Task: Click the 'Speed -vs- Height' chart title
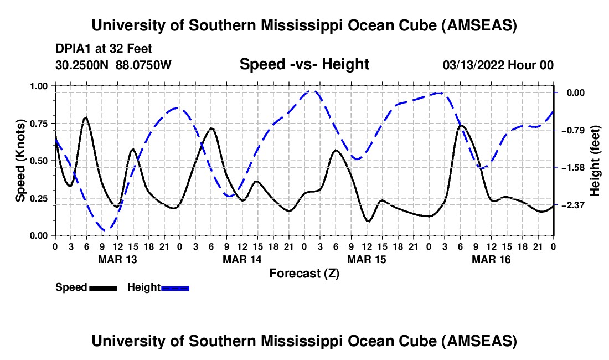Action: pos(304,64)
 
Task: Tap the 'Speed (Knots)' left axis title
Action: pos(20,161)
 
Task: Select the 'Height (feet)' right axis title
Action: pos(595,161)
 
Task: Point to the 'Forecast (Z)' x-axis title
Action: pos(304,274)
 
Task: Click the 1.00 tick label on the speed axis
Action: pos(38,86)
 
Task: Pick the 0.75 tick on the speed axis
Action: pos(38,124)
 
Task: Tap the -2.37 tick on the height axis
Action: pos(572,205)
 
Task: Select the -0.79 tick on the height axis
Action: pos(572,130)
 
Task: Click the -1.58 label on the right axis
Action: pos(572,168)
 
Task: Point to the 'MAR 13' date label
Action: pos(118,259)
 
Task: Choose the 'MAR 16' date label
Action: pos(491,259)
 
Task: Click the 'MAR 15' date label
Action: pos(367,259)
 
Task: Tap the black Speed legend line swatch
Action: pos(104,288)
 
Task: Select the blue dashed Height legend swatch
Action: pos(175,288)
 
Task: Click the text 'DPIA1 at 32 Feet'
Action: pos(104,49)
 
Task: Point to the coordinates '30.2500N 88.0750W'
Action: pos(113,65)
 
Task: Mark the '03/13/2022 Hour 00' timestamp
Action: pos(498,65)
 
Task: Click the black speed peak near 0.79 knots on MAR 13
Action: pos(86,117)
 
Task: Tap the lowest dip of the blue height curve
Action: pos(105,230)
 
